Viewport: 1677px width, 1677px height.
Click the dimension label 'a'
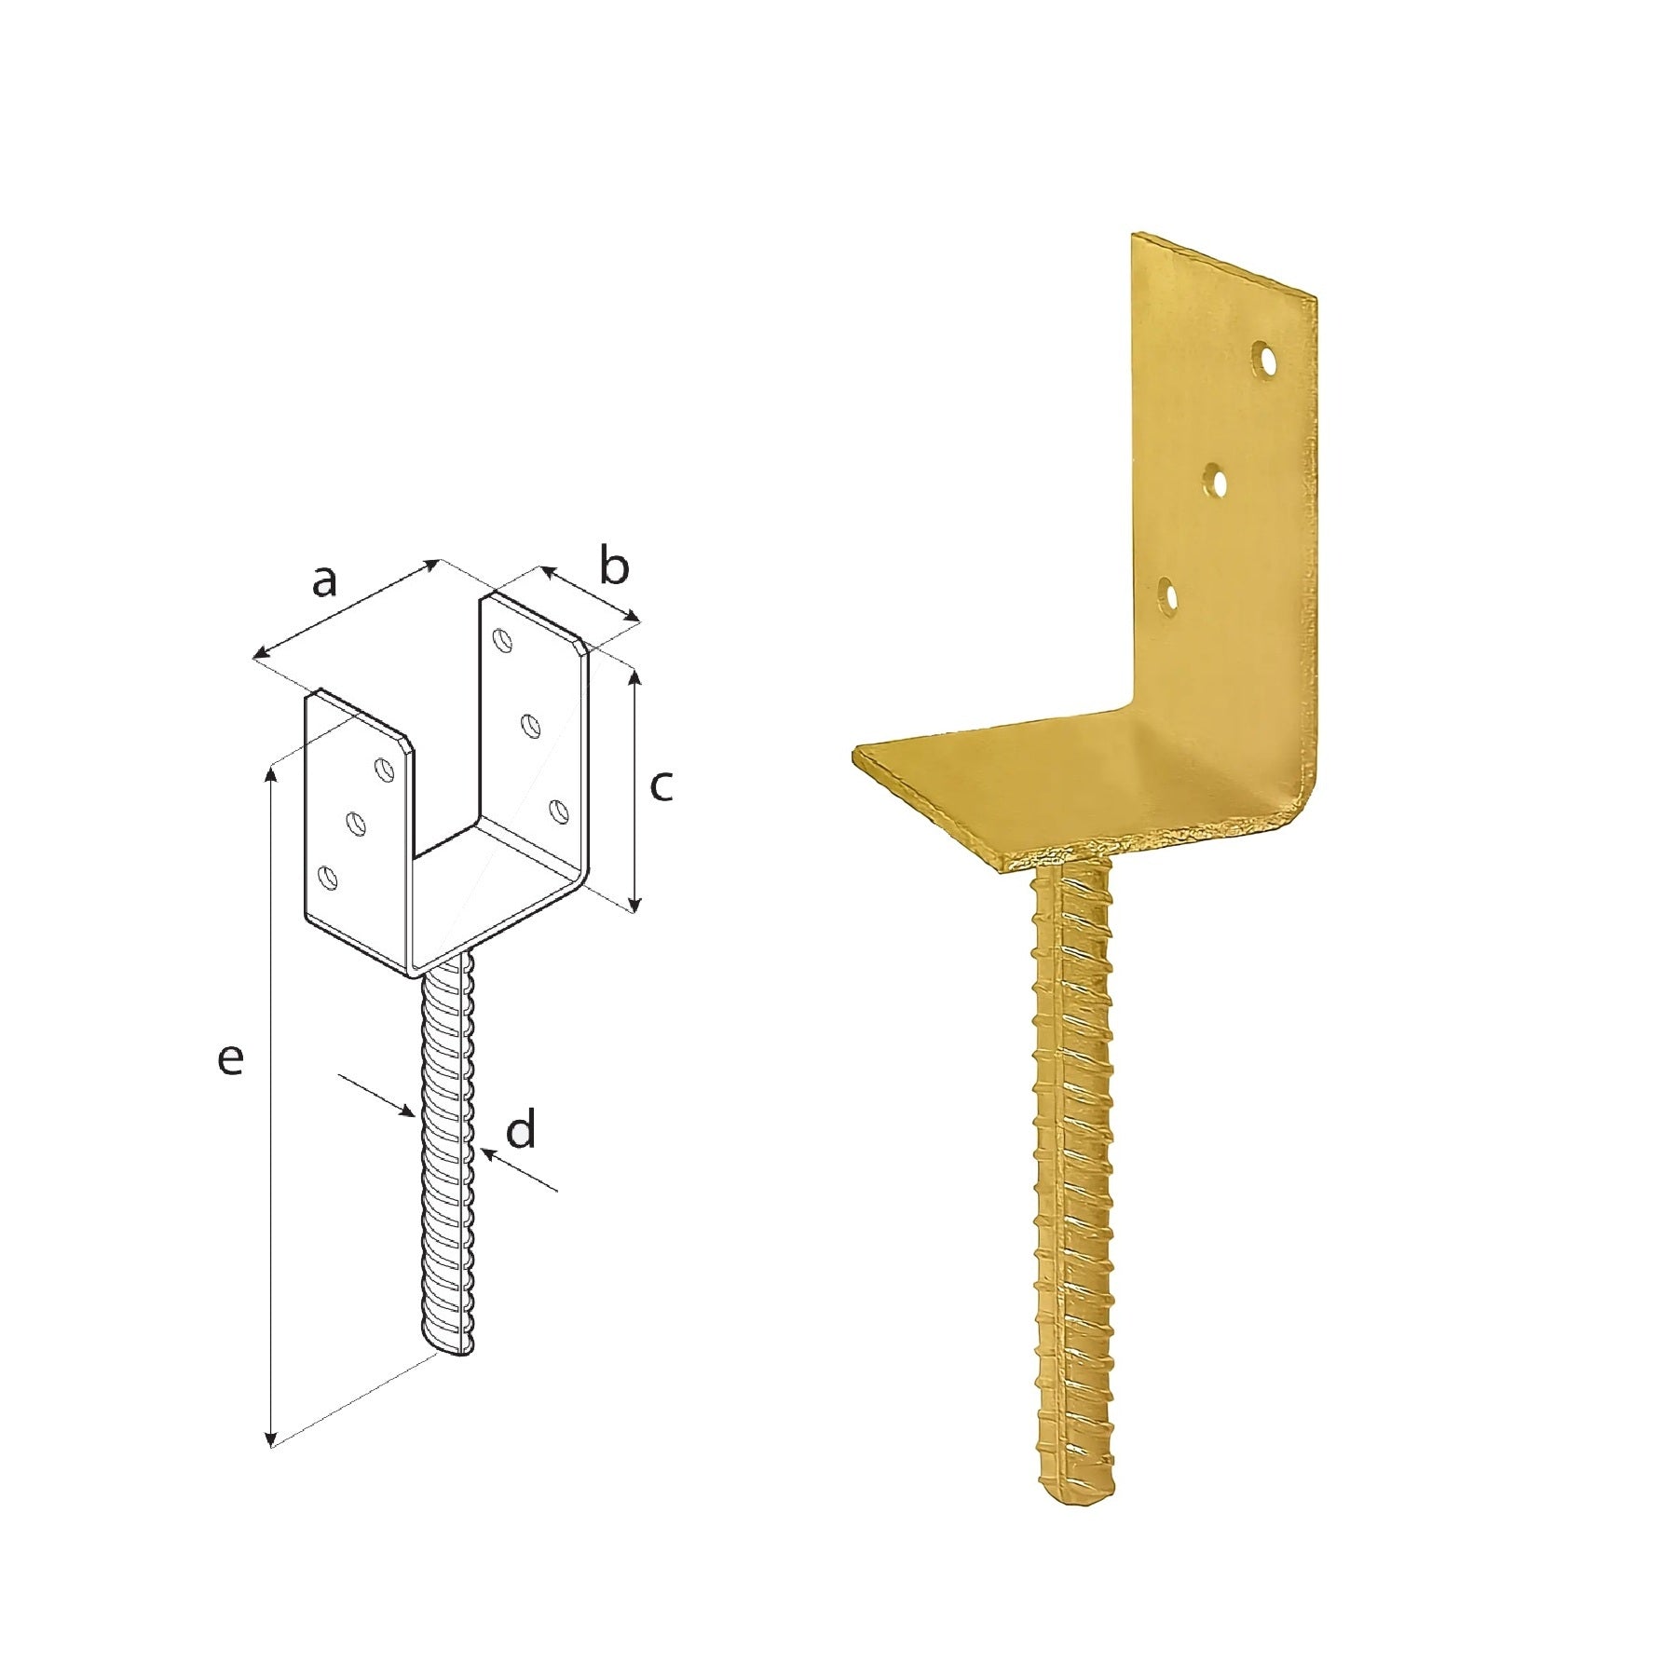click(x=323, y=582)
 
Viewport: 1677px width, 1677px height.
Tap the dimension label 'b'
click(x=614, y=566)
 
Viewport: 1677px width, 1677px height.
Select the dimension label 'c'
click(x=661, y=787)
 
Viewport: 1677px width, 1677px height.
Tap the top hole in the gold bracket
click(x=1265, y=361)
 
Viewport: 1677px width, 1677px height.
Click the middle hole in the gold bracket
click(x=1215, y=482)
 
